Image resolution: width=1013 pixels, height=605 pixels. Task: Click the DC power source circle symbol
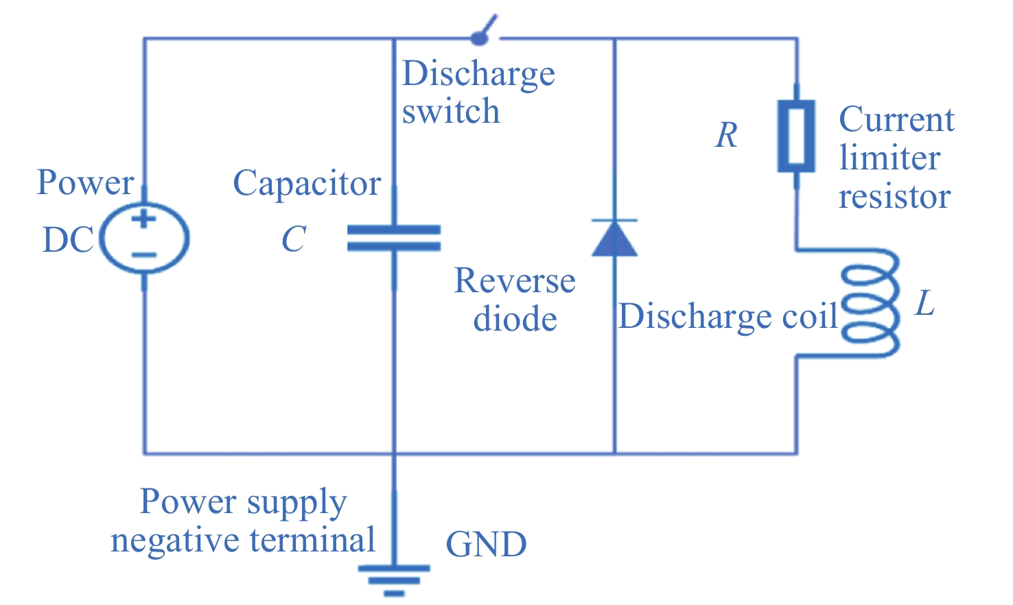pos(144,238)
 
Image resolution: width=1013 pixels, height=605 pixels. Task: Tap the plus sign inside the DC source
pos(144,220)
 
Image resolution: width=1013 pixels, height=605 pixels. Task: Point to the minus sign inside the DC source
pos(144,255)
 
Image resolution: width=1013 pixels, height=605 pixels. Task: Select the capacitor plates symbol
pos(394,238)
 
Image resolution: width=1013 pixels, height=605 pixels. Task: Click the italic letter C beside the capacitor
pos(294,239)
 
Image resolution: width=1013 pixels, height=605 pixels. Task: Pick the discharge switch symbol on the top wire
pos(485,31)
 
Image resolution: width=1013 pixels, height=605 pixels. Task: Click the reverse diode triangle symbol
pos(614,238)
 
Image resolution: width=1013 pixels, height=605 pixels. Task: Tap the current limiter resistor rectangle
pos(796,136)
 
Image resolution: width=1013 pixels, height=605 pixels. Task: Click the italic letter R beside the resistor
pos(726,135)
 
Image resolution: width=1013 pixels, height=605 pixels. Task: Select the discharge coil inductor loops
pos(869,303)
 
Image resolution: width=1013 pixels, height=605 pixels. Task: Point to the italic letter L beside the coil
pos(925,303)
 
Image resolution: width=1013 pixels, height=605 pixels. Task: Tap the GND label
pos(486,545)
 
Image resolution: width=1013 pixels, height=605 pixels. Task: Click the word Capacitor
pos(307,184)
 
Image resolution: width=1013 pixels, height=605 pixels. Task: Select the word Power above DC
pos(86,182)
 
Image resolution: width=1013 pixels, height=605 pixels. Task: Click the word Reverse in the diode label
pos(515,281)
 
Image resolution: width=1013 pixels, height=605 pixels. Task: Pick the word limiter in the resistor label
pos(889,158)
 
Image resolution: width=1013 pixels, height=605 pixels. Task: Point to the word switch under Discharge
pos(451,112)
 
